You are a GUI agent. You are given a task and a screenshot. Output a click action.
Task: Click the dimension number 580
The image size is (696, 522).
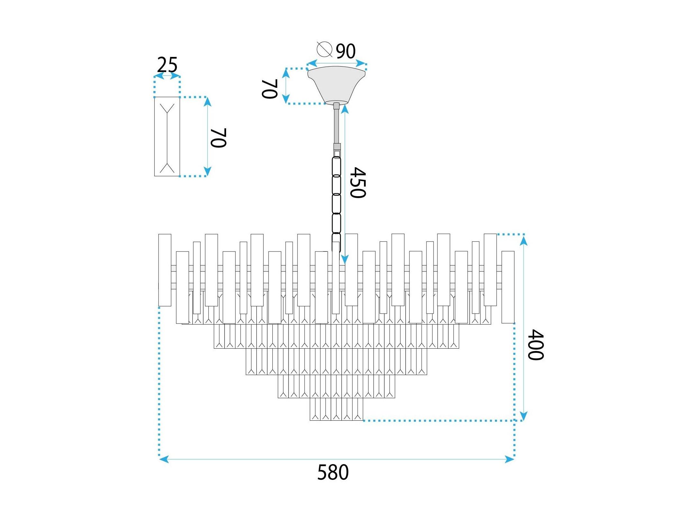[x=333, y=472]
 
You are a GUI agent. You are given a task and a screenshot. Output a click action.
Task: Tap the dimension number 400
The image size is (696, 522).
[x=536, y=344]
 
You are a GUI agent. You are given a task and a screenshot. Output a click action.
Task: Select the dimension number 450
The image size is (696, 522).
[x=358, y=182]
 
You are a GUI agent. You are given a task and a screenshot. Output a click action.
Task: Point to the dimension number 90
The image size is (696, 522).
[x=346, y=51]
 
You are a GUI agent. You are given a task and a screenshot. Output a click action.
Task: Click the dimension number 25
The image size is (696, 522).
[x=167, y=65]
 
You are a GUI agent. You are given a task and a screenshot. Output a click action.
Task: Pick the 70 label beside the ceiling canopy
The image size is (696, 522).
[x=270, y=89]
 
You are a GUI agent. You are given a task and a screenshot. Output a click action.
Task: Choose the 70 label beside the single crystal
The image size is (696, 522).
[x=218, y=138]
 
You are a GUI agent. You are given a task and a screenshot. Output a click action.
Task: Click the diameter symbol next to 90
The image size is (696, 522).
[x=324, y=49]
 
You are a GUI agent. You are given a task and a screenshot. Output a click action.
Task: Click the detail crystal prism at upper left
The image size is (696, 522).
[x=167, y=136]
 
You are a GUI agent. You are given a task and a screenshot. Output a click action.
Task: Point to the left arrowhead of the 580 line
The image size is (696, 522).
[x=164, y=459]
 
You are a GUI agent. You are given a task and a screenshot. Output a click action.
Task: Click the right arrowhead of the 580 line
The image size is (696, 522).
[x=510, y=459]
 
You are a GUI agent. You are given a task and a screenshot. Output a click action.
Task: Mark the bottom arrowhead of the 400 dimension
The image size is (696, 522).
[x=524, y=416]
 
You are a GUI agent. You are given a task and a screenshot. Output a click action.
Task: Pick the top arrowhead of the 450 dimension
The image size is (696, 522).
[x=345, y=109]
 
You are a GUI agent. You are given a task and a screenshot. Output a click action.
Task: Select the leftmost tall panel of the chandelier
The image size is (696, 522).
[x=165, y=270]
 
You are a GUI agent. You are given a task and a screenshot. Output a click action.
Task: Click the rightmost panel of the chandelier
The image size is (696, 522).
[x=508, y=287]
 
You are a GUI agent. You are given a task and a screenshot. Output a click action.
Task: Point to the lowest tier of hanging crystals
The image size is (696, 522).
[x=336, y=409]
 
